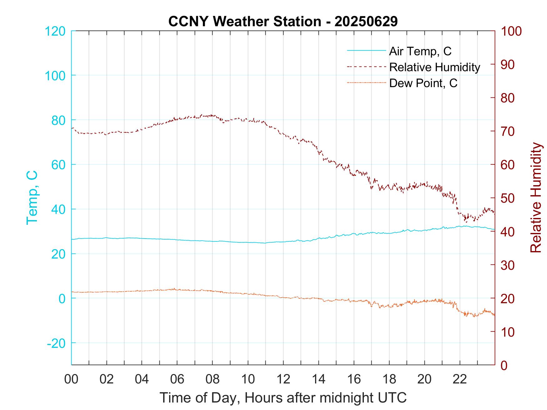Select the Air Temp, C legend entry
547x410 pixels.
click(420, 51)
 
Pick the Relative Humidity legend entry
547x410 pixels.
click(434, 67)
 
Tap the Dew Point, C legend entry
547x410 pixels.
click(423, 83)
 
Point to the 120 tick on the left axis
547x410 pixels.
click(55, 31)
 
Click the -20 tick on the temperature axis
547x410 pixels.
click(56, 343)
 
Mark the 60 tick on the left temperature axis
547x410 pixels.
click(58, 165)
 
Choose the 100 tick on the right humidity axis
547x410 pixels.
click(511, 31)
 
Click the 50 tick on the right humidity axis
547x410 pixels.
click(508, 198)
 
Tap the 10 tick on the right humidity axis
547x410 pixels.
click(508, 332)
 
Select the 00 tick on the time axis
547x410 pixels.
click(71, 379)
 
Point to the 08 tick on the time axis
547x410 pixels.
click(213, 379)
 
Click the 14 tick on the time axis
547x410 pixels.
click(319, 379)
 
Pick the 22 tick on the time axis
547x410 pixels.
click(460, 379)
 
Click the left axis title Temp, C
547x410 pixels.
click(32, 197)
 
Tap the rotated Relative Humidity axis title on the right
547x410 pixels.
click(536, 197)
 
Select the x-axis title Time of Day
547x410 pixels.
click(283, 398)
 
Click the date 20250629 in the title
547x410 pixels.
click(366, 22)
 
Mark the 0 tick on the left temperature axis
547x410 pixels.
click(62, 299)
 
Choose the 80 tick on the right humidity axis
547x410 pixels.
click(508, 98)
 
